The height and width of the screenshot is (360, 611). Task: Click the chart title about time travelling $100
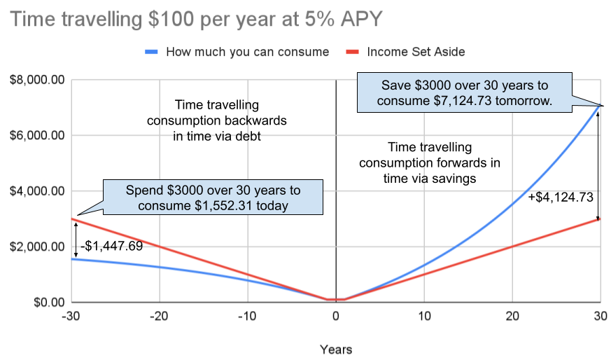click(197, 19)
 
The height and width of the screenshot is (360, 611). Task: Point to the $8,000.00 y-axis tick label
click(36, 80)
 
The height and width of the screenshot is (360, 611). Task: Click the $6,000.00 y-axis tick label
click(36, 135)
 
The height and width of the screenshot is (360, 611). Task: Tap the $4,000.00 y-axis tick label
click(36, 191)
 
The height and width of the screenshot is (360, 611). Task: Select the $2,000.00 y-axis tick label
click(36, 247)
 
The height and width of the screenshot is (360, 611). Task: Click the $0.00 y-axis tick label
click(46, 303)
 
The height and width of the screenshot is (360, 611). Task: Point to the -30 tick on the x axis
click(71, 317)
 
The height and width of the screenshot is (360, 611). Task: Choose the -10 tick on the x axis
click(248, 317)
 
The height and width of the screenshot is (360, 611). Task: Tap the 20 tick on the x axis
click(512, 317)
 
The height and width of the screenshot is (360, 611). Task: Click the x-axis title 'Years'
click(336, 349)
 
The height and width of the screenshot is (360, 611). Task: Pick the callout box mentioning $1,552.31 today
click(213, 198)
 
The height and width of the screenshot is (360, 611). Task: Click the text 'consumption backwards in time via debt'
click(217, 120)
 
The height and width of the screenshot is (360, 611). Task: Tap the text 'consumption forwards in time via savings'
click(430, 162)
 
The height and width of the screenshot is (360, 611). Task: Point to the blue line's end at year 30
click(601, 106)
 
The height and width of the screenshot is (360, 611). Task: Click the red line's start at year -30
click(72, 219)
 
